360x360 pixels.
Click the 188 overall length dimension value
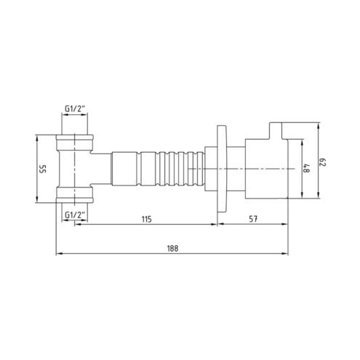click(x=172, y=249)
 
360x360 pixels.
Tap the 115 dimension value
click(x=146, y=219)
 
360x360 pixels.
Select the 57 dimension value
click(x=253, y=219)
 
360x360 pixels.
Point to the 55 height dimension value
click(x=43, y=169)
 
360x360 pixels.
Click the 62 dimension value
click(x=323, y=162)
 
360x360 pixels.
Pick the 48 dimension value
click(x=307, y=168)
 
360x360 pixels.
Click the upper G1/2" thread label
click(x=75, y=109)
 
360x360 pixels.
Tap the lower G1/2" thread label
click(x=75, y=215)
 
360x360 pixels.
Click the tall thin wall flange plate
click(x=221, y=169)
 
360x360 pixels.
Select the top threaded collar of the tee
click(x=74, y=143)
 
